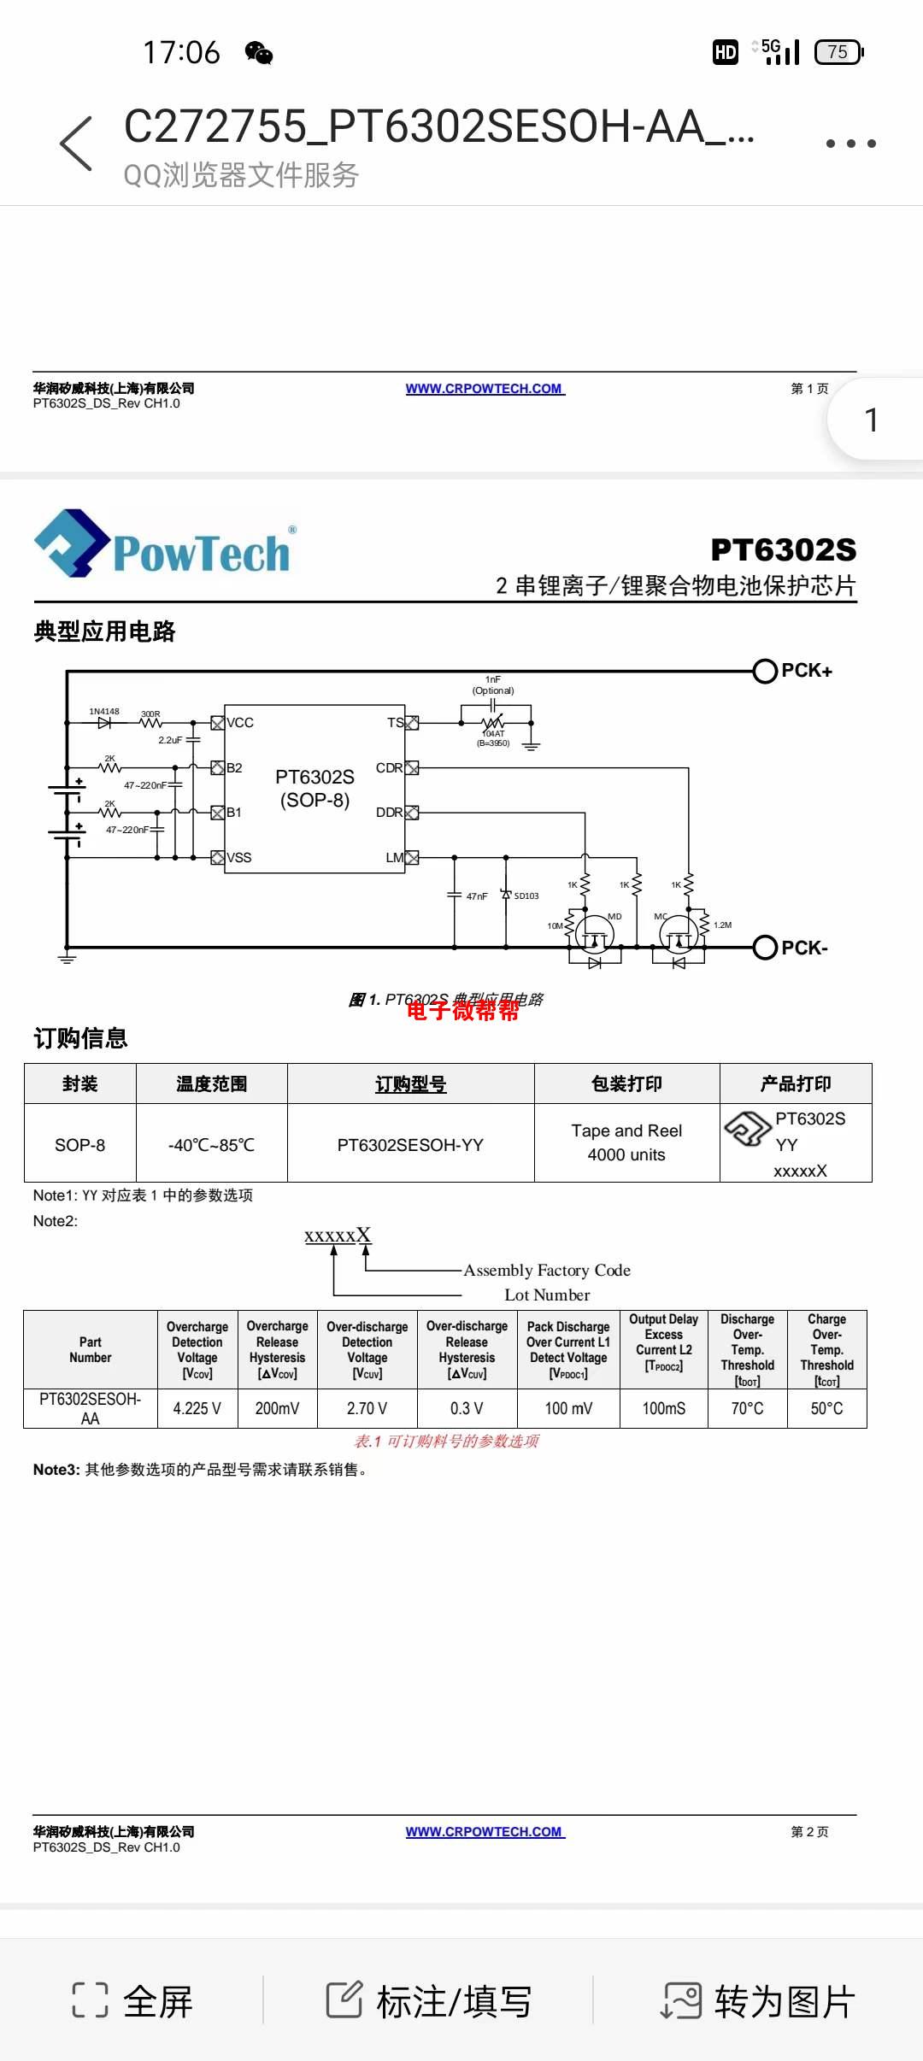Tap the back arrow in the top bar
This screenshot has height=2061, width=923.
pos(77,144)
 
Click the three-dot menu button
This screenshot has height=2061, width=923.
pos(850,144)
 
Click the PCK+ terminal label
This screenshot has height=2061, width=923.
pos(806,671)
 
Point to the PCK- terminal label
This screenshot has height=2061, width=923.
pos(804,948)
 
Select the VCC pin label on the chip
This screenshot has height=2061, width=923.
pos(240,723)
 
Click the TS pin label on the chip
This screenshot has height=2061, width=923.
pos(395,723)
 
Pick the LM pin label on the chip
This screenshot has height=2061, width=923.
pos(394,858)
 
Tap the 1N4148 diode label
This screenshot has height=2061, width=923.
pos(104,711)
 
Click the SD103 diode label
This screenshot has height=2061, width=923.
pos(526,896)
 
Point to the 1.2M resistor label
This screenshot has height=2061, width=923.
pos(722,925)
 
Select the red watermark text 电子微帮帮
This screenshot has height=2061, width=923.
pos(462,1011)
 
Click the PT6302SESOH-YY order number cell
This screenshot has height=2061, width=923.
pos(410,1145)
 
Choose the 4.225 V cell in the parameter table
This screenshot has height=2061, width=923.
pos(197,1408)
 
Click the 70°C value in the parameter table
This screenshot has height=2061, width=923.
pos(747,1408)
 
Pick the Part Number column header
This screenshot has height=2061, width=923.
pos(91,1350)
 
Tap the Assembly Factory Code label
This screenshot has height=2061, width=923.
pos(547,1271)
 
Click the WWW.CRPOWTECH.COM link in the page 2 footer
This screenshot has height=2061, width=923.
pos(485,1832)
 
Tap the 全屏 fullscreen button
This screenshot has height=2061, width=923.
pos(133,2001)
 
